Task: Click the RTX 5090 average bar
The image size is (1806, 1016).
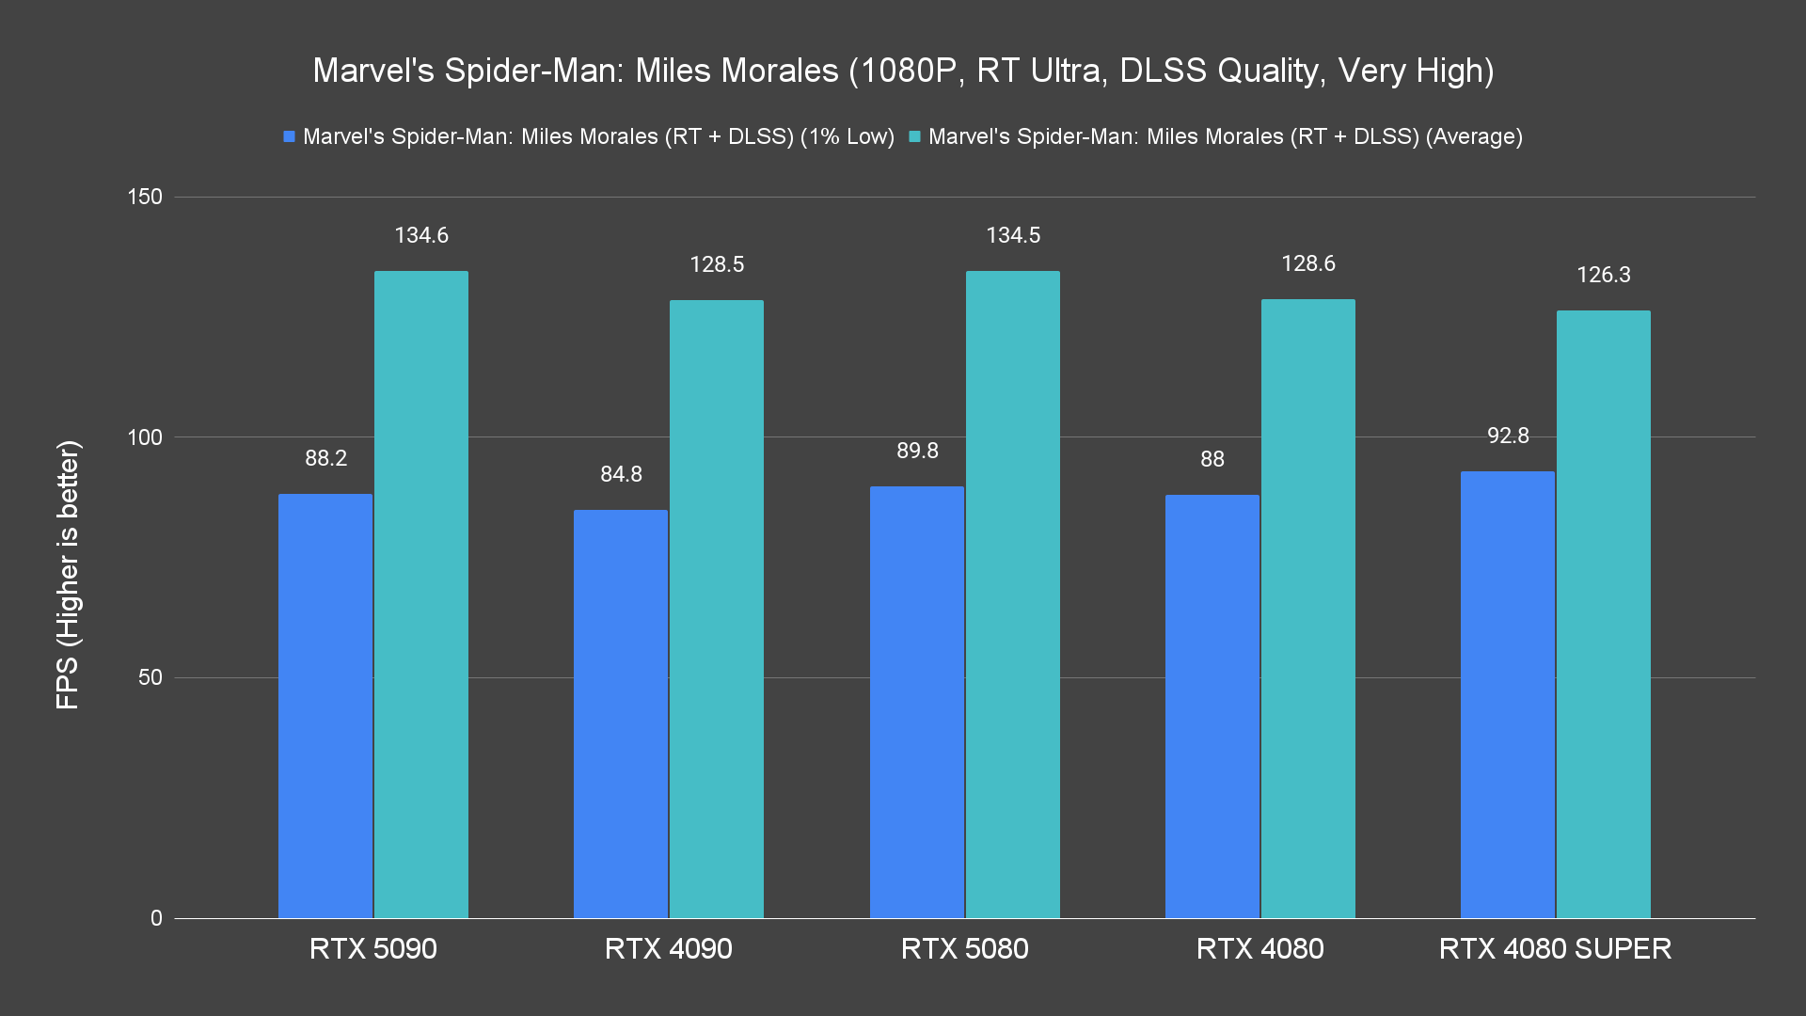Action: pos(420,595)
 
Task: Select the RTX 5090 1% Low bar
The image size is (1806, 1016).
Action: pos(325,706)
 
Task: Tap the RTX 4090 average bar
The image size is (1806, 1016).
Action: pos(716,609)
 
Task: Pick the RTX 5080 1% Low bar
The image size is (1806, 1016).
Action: pos(917,702)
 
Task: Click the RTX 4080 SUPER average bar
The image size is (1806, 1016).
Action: pos(1603,614)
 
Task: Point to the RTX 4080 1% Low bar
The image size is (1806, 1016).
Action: pos(1212,706)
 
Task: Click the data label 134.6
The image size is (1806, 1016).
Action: pos(421,235)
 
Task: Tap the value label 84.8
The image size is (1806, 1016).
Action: pos(621,474)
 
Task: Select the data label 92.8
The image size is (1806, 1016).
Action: pos(1508,436)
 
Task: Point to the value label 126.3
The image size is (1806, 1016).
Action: pos(1604,275)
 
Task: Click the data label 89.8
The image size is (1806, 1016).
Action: pos(917,451)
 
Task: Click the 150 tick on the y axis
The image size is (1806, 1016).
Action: pos(145,197)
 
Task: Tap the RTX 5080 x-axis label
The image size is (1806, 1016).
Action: pos(964,948)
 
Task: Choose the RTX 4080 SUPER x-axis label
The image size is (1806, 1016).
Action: pos(1555,948)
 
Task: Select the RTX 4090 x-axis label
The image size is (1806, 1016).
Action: pos(668,948)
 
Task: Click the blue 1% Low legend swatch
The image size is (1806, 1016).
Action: pos(290,137)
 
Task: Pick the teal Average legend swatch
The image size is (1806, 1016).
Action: pos(914,137)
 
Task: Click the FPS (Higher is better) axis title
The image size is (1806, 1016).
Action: pos(68,574)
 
